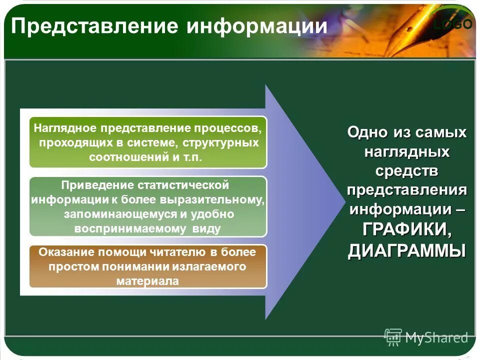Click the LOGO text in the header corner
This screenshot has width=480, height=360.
[453, 24]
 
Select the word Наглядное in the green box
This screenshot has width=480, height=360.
[66, 128]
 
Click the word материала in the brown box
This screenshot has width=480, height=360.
[147, 280]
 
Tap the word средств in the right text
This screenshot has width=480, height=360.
[407, 171]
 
